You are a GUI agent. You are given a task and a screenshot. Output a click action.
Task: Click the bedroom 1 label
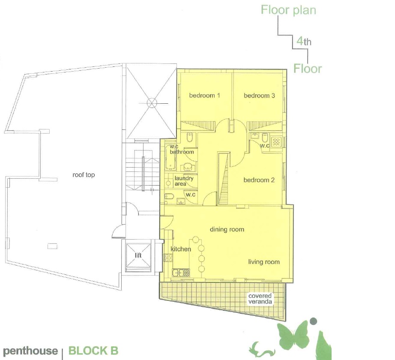(x=204, y=96)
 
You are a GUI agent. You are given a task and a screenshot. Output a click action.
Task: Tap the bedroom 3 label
(x=259, y=96)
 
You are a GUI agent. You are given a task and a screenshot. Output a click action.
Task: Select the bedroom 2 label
(x=259, y=180)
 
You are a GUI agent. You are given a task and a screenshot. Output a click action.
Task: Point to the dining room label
(x=227, y=230)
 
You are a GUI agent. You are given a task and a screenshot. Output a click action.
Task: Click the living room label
(x=264, y=262)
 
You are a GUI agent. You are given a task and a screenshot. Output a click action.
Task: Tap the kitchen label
(x=181, y=249)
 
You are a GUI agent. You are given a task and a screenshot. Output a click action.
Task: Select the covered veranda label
(x=260, y=299)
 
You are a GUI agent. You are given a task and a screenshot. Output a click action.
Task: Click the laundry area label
(x=184, y=181)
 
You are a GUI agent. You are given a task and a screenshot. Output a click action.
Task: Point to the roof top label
(x=84, y=175)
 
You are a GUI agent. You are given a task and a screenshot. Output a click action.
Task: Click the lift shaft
(x=138, y=255)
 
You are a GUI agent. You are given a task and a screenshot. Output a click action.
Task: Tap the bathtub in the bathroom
(x=171, y=157)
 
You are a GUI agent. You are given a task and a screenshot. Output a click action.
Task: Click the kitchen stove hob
(x=168, y=257)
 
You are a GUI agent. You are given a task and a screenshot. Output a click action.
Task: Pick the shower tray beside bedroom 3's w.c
(x=276, y=142)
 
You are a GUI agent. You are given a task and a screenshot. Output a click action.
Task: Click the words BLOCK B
(x=93, y=351)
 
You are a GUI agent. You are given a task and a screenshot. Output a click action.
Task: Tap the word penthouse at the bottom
(x=30, y=351)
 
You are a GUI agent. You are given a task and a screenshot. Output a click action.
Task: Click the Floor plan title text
(x=288, y=10)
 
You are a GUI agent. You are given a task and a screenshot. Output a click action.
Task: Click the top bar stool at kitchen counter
(x=195, y=240)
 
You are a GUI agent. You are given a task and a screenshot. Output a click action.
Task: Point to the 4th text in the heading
(x=304, y=41)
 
